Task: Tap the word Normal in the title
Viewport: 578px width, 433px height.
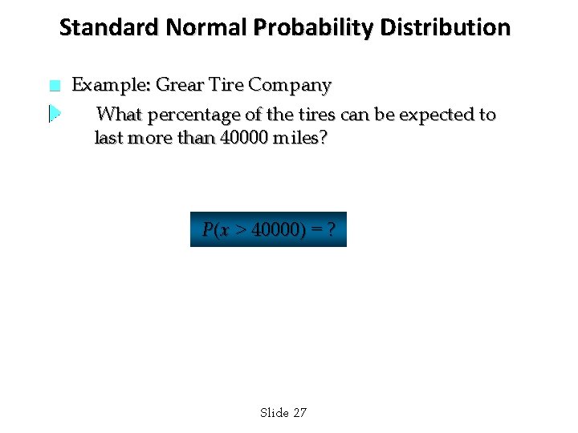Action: point(206,28)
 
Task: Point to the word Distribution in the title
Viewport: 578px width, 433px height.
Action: point(446,28)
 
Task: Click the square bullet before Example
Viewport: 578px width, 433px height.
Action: point(54,86)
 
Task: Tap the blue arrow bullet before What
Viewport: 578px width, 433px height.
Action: point(54,114)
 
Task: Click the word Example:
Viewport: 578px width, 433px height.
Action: point(111,85)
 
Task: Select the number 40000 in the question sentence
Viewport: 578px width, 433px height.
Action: point(244,138)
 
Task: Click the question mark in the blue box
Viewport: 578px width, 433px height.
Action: point(331,230)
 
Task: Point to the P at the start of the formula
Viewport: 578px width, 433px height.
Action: point(208,230)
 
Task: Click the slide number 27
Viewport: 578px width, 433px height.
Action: point(299,413)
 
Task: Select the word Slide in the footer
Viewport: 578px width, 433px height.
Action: point(275,413)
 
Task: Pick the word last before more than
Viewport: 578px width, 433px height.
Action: point(108,138)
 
